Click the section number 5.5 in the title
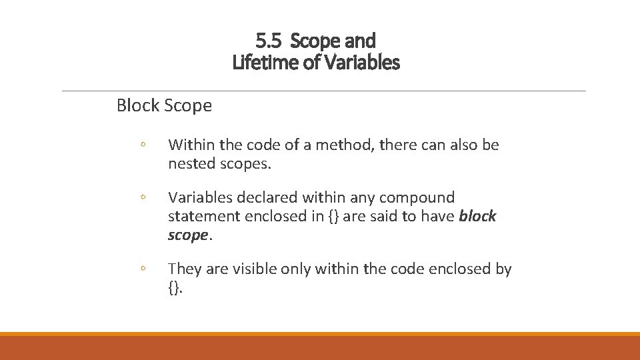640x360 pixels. [x=268, y=41]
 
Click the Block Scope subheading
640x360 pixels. [x=164, y=105]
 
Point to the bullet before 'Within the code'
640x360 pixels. [x=143, y=145]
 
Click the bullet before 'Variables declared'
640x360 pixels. [x=143, y=198]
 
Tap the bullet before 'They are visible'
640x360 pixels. [x=143, y=269]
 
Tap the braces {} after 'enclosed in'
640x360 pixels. [x=333, y=216]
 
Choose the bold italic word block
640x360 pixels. [x=478, y=216]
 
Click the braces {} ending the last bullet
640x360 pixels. [x=174, y=288]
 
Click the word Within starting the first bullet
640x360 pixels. [x=191, y=145]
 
